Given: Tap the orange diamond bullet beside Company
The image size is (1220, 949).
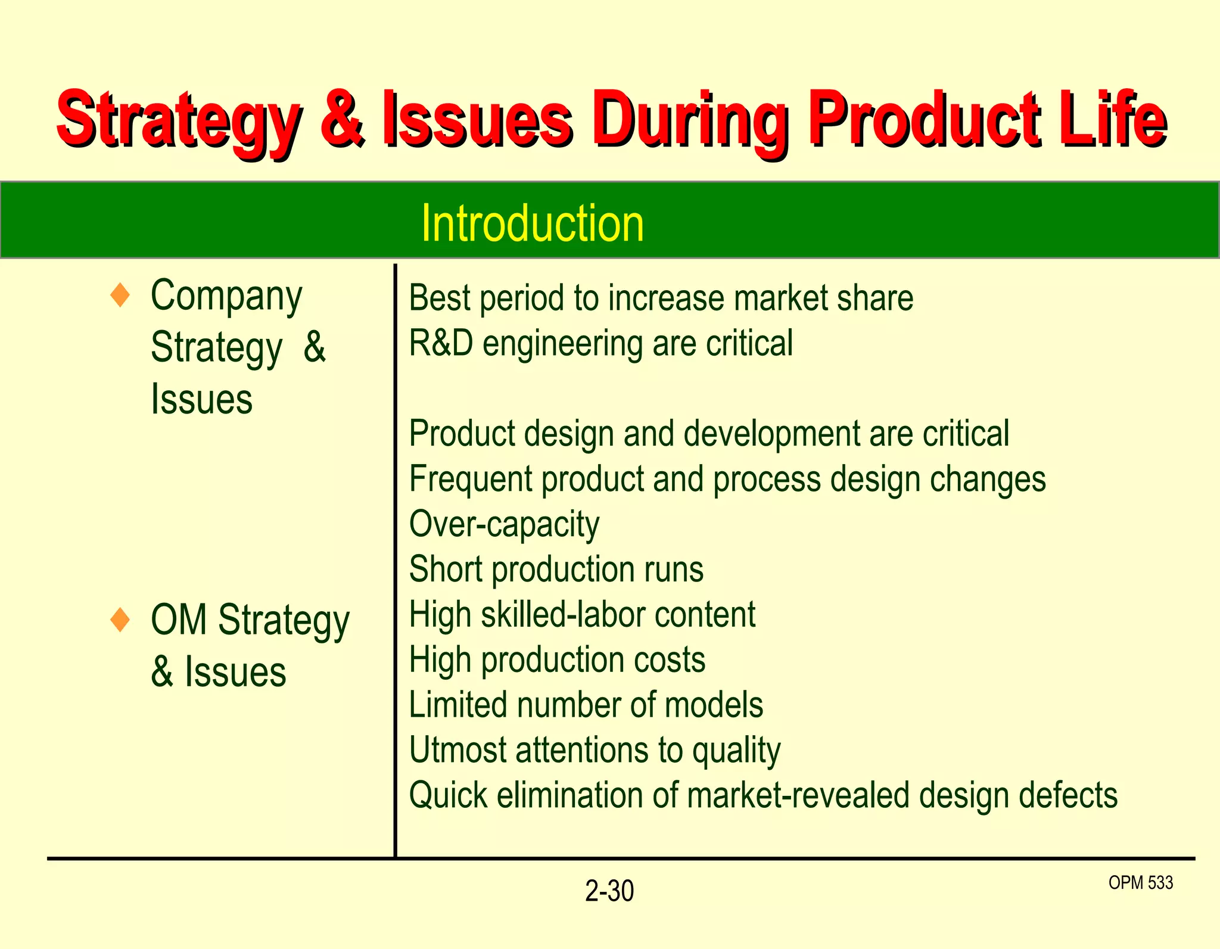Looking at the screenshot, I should click(x=120, y=295).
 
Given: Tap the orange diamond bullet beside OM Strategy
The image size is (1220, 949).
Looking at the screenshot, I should click(x=120, y=620).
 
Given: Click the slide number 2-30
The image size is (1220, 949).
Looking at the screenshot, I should click(x=609, y=891).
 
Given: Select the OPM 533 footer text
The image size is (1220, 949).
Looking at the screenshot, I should click(x=1140, y=882).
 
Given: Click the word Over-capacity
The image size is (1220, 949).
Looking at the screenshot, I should click(x=504, y=524).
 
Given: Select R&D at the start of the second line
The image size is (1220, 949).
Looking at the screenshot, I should click(x=441, y=343).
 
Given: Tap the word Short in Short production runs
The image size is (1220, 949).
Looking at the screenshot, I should click(x=446, y=569).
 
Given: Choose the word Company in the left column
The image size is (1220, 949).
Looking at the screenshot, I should click(x=226, y=295).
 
